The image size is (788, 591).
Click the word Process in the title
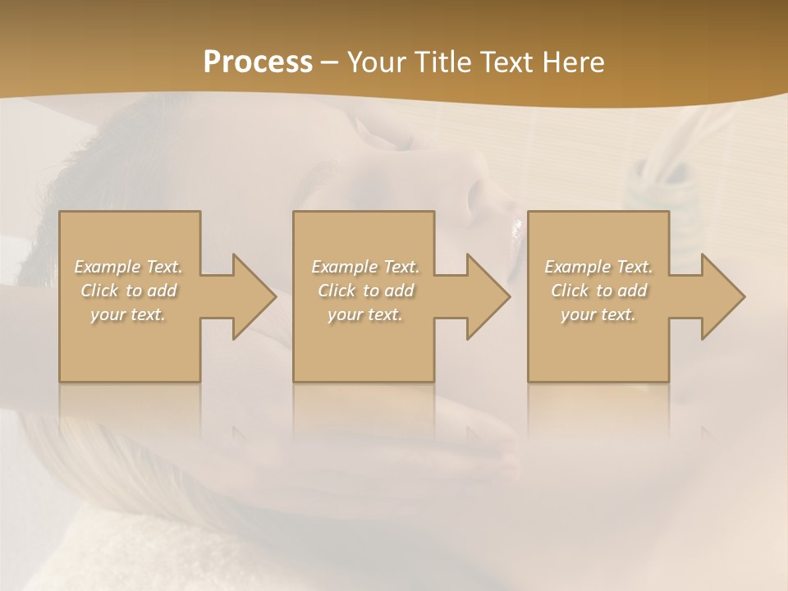tap(258, 62)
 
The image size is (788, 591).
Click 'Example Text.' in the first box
tap(128, 267)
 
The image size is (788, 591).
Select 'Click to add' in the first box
tap(129, 291)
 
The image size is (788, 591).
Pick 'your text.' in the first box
tap(128, 314)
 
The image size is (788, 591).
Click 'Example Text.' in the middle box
tap(365, 267)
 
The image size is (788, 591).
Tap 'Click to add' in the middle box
tap(365, 291)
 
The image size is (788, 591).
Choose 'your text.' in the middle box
tap(365, 314)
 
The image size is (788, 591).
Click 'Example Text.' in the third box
tap(598, 267)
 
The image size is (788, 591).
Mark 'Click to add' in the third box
tap(598, 291)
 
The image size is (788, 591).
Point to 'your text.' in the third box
tap(598, 314)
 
